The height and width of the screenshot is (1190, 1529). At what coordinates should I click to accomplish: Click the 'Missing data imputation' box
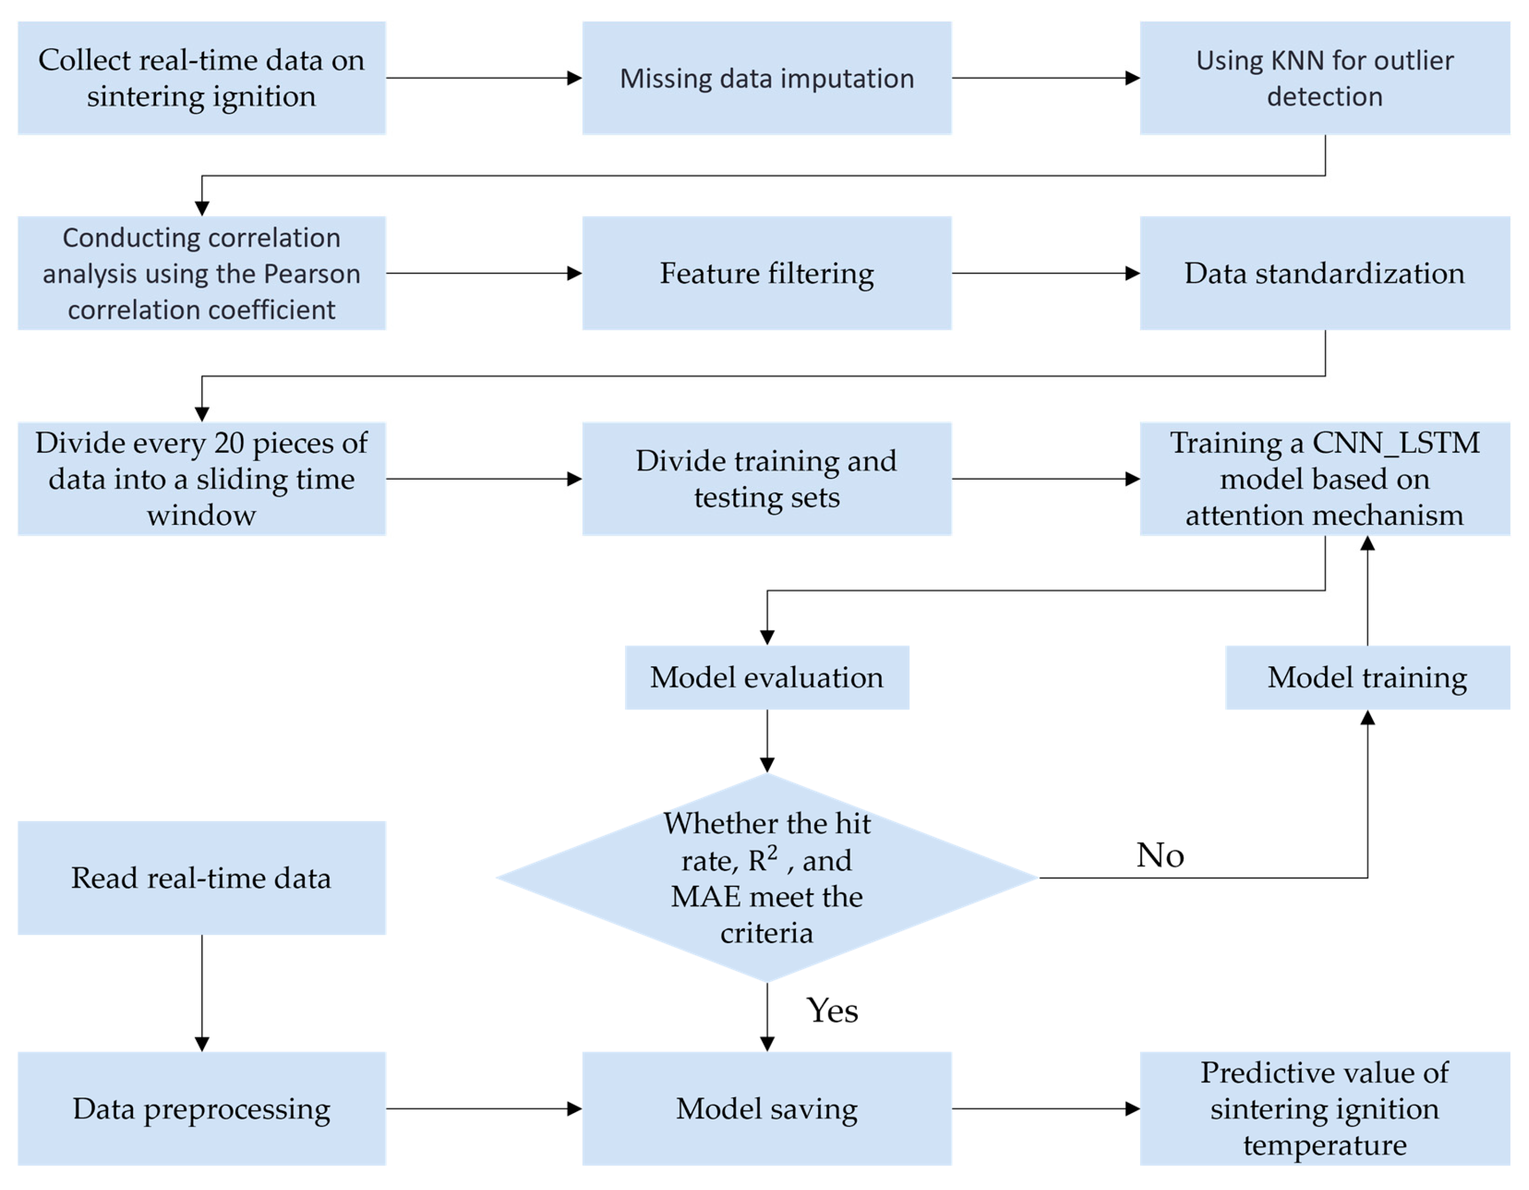[766, 78]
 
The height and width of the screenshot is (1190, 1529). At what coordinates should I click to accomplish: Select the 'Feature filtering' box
[766, 273]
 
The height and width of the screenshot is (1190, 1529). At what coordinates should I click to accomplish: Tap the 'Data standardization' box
[1324, 273]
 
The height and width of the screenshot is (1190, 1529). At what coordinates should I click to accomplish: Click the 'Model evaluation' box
[766, 677]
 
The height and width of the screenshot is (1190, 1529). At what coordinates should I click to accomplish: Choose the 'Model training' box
[1367, 677]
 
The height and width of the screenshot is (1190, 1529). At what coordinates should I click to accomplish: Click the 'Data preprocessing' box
[202, 1109]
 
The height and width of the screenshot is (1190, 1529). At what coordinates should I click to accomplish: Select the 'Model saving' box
[766, 1109]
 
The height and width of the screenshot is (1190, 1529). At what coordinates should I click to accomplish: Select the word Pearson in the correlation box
[318, 274]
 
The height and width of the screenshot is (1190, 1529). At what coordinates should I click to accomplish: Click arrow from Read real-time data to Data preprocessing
[202, 994]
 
